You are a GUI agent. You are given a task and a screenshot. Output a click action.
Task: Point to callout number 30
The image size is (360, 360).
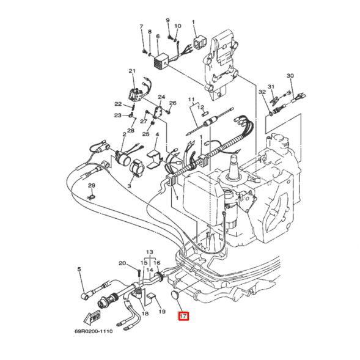tap(290, 75)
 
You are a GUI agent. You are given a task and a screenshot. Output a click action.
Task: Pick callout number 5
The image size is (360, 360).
tap(79, 268)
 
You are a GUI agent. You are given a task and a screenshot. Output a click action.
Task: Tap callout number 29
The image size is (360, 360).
tap(91, 185)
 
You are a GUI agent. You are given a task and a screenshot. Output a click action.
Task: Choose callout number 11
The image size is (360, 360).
tap(191, 99)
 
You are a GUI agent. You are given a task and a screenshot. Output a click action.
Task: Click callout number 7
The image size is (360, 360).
tap(141, 27)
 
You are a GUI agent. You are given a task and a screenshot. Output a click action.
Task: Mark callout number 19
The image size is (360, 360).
tap(162, 312)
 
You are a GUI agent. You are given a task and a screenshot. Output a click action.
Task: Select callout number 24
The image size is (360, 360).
tap(161, 97)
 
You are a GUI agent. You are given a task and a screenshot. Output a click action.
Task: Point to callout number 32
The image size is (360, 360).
tap(261, 92)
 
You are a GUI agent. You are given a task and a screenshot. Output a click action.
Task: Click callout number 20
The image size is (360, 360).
tap(122, 263)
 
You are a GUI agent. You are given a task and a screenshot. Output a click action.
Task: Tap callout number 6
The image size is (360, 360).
tap(157, 36)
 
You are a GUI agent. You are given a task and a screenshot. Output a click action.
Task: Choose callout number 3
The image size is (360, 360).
tap(129, 185)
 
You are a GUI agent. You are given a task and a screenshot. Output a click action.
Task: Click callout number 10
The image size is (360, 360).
tap(178, 26)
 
